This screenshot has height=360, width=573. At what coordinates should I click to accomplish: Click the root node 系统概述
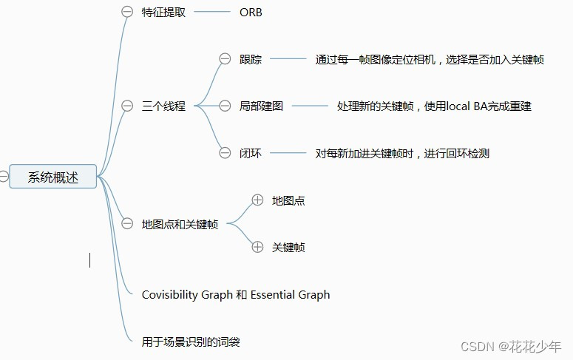[x=52, y=177]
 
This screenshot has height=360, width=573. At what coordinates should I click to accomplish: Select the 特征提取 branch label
[x=164, y=12]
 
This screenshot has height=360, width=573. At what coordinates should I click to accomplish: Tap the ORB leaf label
[x=251, y=12]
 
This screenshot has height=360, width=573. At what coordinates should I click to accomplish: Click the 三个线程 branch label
[x=163, y=106]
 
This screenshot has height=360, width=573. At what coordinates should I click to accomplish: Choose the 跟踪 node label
[x=251, y=59]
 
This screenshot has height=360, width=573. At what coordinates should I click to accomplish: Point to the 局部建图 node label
[x=261, y=106]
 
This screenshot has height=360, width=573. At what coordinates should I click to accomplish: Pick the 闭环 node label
[x=251, y=154]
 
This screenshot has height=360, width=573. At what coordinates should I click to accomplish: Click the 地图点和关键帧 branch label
[x=180, y=224]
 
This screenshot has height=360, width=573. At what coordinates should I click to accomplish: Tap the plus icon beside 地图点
[x=257, y=200]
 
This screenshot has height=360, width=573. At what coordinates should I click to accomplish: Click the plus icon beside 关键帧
[x=257, y=247]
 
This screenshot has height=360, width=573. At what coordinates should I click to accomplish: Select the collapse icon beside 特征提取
[x=127, y=12]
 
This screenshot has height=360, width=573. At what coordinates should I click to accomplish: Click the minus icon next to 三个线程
[x=127, y=106]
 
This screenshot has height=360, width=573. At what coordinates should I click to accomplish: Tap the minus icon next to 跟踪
[x=225, y=59]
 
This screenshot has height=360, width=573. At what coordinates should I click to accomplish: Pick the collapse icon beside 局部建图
[x=225, y=106]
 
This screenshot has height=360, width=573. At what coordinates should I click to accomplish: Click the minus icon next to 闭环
[x=225, y=154]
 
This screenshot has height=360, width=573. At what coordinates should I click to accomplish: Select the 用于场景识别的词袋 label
[x=191, y=342]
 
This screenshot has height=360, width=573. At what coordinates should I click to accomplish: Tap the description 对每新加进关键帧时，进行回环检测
[x=402, y=154]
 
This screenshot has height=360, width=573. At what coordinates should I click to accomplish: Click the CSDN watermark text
[x=477, y=346]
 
